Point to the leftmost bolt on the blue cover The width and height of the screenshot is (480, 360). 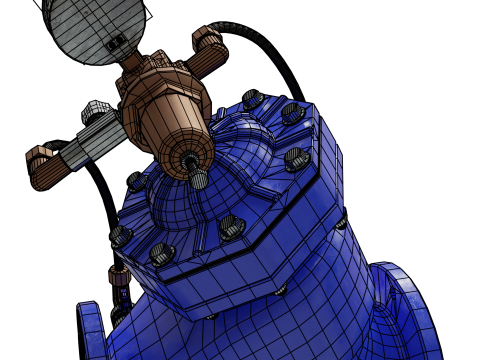pos(120,236)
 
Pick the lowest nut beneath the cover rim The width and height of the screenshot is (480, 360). pos(211,317)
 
